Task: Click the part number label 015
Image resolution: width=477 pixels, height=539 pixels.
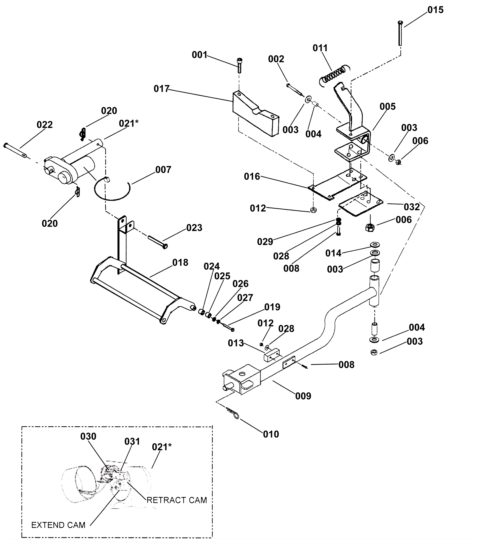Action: pos(436,10)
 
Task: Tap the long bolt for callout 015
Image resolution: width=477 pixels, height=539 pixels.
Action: pos(400,33)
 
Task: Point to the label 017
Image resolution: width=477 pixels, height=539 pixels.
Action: pos(162,89)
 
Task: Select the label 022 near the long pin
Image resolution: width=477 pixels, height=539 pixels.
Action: pos(45,125)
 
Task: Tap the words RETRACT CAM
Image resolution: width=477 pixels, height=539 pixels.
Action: pos(177,500)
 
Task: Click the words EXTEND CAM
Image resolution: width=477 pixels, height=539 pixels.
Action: pos(58,525)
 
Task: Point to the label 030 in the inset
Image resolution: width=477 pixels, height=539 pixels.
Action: pos(89,436)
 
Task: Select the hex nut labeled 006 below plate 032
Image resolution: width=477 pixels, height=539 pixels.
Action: pos(369,227)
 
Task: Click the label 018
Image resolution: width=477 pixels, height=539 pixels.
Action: pos(180,263)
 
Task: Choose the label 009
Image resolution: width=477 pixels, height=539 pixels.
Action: pos(303,396)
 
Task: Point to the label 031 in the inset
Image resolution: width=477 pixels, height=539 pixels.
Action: pos(132,442)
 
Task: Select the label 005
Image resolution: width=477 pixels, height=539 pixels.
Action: pos(388,106)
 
